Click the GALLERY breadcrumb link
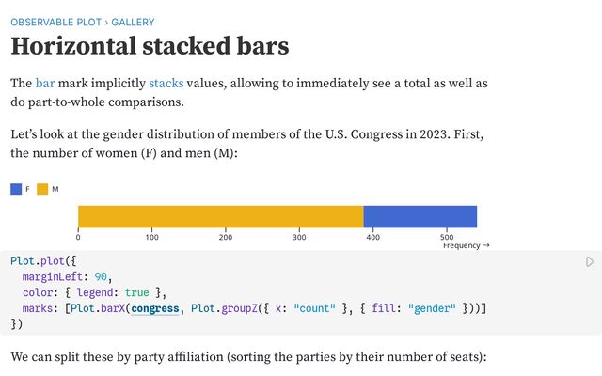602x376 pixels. [124, 22]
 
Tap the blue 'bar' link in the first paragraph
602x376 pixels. [46, 84]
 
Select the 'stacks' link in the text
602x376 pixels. [166, 84]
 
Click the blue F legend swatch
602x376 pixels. [16, 189]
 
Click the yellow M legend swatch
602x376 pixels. [42, 189]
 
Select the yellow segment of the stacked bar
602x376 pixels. [220, 216]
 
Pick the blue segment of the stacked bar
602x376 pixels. [420, 216]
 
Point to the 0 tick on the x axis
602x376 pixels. [78, 237]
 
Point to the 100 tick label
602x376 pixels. [151, 237]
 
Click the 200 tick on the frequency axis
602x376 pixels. [226, 237]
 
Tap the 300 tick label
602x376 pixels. [299, 237]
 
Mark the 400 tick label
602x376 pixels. [372, 237]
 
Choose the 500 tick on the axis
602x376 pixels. [446, 237]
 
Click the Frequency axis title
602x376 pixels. [466, 246]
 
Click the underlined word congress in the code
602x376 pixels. [154, 308]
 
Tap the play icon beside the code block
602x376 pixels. [590, 261]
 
